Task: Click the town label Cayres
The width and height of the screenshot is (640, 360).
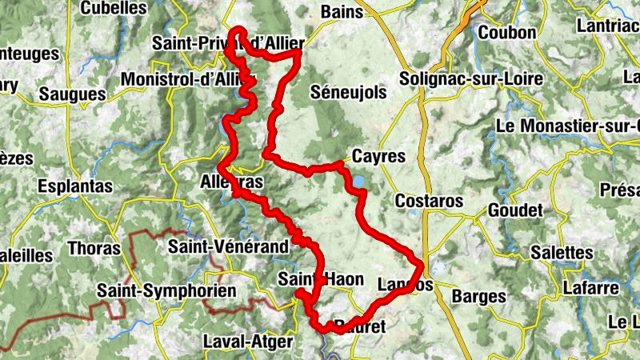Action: pos(378,157)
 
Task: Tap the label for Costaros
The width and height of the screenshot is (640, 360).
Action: pos(429,201)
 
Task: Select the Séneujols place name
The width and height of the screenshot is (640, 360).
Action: pos(348,93)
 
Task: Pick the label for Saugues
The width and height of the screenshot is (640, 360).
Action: pos(71,94)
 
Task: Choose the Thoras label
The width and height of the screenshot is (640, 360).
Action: pos(94,248)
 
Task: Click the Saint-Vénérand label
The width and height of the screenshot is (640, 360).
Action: pos(227,248)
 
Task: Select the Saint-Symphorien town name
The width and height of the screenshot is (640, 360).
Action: pos(166,290)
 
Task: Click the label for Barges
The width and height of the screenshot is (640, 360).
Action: pos(479,297)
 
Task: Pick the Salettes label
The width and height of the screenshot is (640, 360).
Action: pos(566,253)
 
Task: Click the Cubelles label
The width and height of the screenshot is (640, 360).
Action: pos(114,9)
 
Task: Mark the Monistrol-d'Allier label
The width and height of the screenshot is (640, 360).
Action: pos(186,80)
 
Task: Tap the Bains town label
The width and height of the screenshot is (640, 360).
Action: pos(342,12)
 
